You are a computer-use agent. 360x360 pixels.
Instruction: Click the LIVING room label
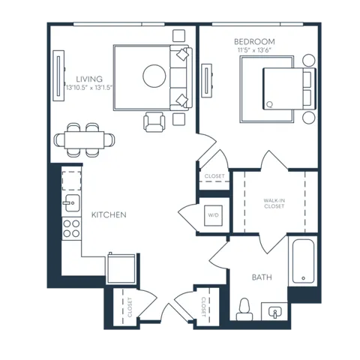click(x=89, y=79)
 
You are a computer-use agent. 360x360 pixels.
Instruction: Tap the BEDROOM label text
click(x=254, y=41)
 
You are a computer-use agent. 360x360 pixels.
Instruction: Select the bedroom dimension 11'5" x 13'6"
click(x=254, y=50)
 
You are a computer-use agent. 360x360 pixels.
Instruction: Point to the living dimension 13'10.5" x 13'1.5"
click(x=89, y=88)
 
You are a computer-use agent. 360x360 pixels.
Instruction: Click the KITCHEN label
click(x=109, y=214)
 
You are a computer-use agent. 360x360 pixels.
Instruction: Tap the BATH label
click(x=262, y=277)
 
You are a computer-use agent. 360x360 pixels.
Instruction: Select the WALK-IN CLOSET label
click(x=274, y=203)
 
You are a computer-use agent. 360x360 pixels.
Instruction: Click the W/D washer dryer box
click(x=213, y=215)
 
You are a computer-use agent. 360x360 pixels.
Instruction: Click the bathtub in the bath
click(x=303, y=261)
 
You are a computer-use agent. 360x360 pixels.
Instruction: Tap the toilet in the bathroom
click(x=244, y=310)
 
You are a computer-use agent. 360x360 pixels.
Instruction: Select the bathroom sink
click(x=274, y=311)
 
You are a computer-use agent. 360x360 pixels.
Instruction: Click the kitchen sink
click(x=71, y=203)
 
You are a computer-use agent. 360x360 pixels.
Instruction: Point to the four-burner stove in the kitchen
click(x=71, y=229)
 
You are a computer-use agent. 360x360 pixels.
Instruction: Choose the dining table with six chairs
click(x=85, y=140)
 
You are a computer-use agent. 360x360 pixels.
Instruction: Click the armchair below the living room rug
click(x=154, y=121)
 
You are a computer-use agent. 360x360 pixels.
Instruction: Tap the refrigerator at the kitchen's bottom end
click(x=121, y=268)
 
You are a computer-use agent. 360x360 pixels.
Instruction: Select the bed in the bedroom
click(x=289, y=88)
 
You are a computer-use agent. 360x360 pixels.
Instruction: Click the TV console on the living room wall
click(x=58, y=76)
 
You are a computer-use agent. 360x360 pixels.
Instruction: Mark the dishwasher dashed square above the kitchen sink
click(x=71, y=181)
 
